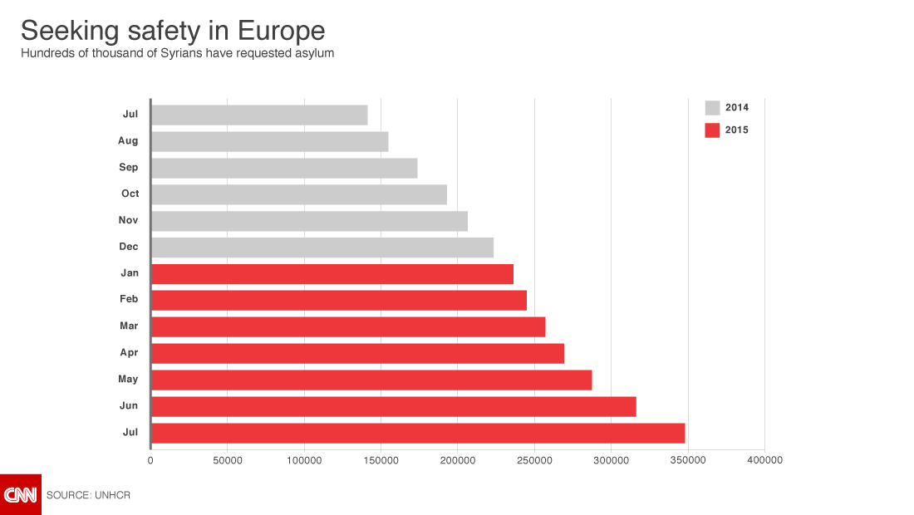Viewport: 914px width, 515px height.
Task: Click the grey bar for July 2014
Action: coord(259,115)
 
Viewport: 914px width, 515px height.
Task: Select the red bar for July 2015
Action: coord(418,433)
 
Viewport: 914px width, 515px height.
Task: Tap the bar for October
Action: coord(299,194)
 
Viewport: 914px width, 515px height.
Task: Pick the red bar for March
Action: coord(348,326)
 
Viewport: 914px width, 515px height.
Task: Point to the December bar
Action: coord(322,248)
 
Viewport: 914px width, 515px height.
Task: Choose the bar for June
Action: coord(394,406)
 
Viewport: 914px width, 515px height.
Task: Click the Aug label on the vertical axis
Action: coord(128,141)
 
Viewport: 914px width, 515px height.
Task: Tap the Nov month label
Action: coord(128,220)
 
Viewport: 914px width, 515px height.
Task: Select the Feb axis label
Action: coord(129,299)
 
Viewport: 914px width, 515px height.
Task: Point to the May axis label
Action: coord(128,379)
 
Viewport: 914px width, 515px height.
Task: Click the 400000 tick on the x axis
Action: coord(764,460)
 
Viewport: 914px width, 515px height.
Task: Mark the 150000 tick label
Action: coord(381,460)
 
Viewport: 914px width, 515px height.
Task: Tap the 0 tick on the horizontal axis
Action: coord(150,460)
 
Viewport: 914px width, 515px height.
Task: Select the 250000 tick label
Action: coord(534,460)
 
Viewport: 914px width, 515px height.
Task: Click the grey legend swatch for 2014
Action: coord(712,107)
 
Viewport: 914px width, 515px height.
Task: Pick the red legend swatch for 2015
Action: coord(712,130)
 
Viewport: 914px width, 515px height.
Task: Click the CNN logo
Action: coord(21,495)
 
